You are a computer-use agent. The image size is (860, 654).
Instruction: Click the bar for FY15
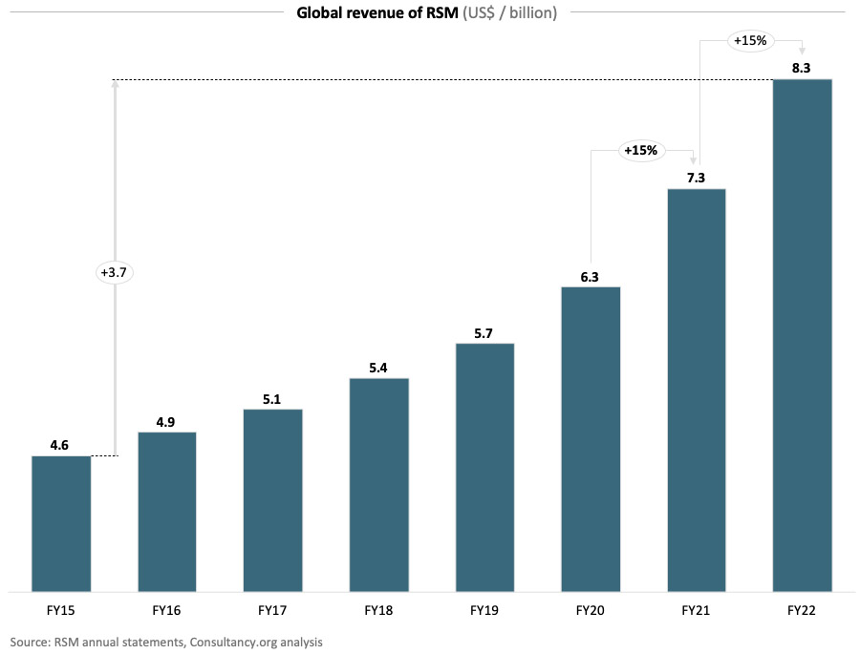(x=61, y=523)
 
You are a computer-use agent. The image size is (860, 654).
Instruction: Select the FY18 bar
(x=379, y=484)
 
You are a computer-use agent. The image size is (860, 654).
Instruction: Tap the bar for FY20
(x=591, y=438)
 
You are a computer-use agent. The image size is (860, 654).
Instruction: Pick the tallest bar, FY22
(x=802, y=334)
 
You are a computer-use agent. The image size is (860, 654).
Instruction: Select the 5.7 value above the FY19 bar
(x=484, y=332)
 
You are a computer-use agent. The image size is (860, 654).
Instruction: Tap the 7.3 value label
(x=697, y=178)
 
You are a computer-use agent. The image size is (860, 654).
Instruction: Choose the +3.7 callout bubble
(x=114, y=272)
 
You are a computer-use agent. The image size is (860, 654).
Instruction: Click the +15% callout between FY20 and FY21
(x=640, y=150)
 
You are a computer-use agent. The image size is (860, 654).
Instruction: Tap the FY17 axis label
(x=273, y=607)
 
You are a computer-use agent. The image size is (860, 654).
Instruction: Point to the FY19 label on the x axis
(x=484, y=607)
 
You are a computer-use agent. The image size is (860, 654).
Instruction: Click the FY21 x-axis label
(x=697, y=607)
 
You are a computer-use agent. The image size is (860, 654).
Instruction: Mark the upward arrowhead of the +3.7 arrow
(x=115, y=85)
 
